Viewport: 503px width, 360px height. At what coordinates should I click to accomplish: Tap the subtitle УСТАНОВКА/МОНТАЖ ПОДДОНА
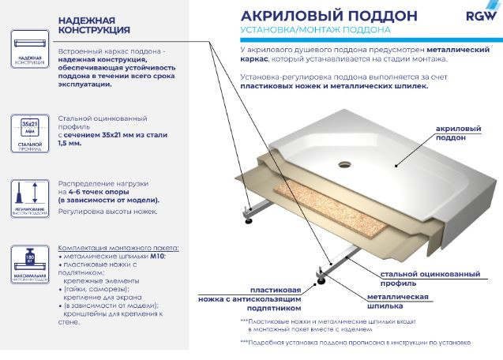[313, 32]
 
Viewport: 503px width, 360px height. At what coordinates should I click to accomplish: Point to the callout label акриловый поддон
[458, 133]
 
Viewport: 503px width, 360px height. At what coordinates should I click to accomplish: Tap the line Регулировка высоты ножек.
[107, 211]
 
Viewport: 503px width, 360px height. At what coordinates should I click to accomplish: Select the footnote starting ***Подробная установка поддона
[355, 343]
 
